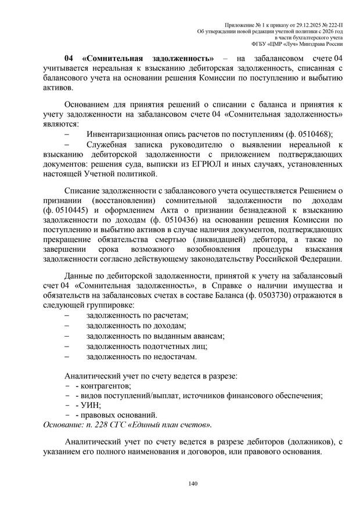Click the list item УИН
92,405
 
